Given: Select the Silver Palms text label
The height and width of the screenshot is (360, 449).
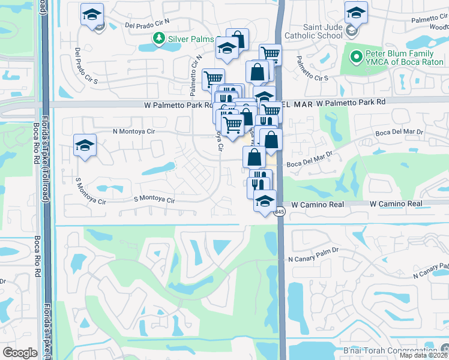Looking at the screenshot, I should coord(191,39).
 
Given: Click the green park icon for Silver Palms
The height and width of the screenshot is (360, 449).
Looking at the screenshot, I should coord(158,39).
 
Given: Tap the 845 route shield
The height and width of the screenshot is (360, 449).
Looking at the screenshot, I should coord(281,212).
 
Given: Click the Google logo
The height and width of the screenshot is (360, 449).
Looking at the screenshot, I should coord(20,353).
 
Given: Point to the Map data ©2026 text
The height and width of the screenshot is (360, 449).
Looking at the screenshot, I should coord(424,356).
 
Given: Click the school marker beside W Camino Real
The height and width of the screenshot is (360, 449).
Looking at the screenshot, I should coord(264,202).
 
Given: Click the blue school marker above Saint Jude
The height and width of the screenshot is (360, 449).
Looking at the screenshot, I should coord(356,12).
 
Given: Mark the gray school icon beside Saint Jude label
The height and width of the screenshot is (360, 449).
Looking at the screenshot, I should coord(352,29).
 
